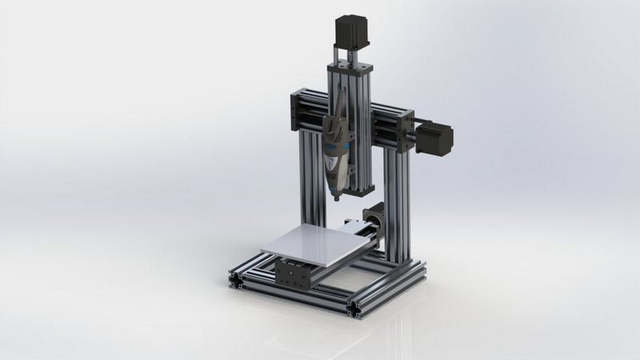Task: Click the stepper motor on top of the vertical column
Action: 349,30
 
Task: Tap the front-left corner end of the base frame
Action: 238,279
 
